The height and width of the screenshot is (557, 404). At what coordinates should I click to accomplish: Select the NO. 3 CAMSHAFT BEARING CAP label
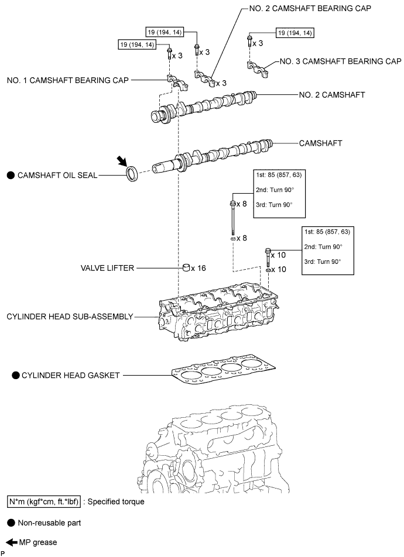[x=341, y=61]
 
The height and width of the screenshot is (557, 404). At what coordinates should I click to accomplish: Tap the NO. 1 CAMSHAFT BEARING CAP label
[x=67, y=80]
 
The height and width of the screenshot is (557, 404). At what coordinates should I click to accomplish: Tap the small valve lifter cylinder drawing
[x=188, y=268]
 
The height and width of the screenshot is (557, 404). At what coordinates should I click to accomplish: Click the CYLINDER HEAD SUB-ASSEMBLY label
[x=70, y=317]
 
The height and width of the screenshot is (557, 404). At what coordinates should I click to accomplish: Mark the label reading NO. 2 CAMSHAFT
[x=331, y=94]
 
